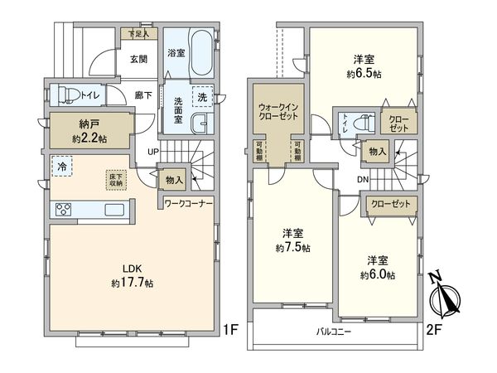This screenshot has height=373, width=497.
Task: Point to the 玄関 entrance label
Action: point(138,59)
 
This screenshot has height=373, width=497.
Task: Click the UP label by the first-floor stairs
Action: point(153,152)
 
